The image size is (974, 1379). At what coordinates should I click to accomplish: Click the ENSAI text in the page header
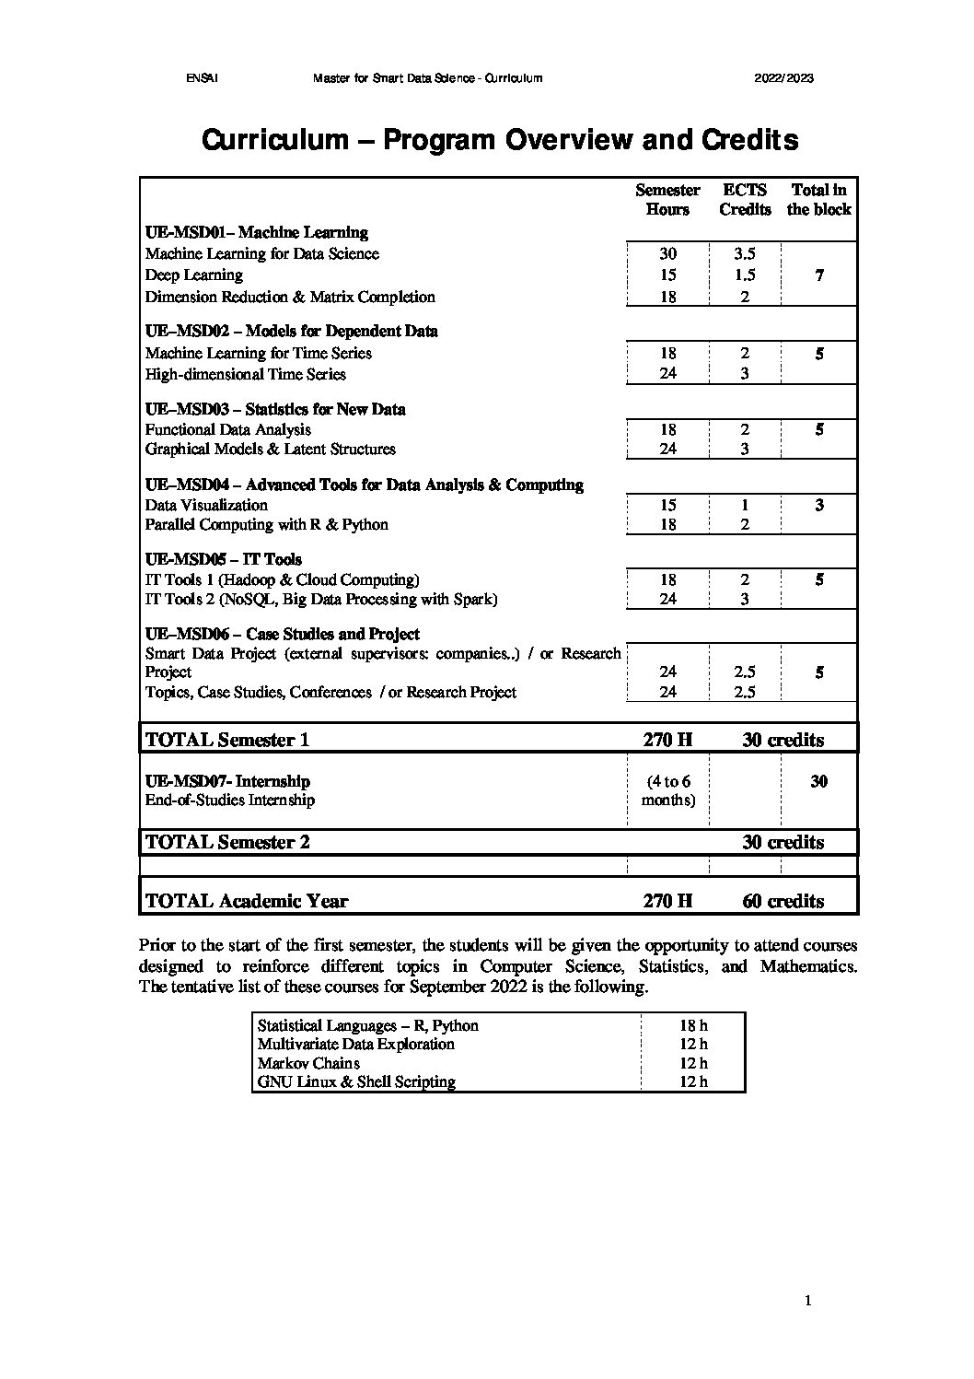200,78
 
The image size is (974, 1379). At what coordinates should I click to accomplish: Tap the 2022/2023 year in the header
784,78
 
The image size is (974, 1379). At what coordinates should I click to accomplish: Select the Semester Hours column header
667,200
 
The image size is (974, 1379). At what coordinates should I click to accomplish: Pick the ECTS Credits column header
745,200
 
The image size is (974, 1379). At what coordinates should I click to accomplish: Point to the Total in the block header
818,200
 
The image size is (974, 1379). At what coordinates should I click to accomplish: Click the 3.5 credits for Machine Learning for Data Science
745,253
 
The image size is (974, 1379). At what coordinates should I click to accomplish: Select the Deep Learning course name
194,275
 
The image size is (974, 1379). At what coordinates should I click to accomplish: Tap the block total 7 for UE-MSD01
819,275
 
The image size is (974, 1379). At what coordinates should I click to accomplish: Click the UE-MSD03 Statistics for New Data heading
275,409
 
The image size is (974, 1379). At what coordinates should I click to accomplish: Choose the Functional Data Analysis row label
228,429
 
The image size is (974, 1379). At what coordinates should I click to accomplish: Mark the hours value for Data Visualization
667,505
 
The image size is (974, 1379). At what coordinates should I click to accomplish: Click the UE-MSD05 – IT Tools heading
224,559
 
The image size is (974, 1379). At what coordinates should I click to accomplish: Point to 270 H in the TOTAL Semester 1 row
667,740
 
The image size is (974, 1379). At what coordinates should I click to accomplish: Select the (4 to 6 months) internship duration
668,790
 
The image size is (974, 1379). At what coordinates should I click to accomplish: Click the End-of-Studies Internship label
230,800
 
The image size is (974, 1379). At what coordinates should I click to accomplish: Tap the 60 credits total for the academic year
783,901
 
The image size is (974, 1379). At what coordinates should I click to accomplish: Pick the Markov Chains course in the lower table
308,1063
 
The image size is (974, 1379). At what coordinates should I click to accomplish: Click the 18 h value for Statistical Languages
693,1025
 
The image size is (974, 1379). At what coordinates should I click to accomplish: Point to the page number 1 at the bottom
807,1301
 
